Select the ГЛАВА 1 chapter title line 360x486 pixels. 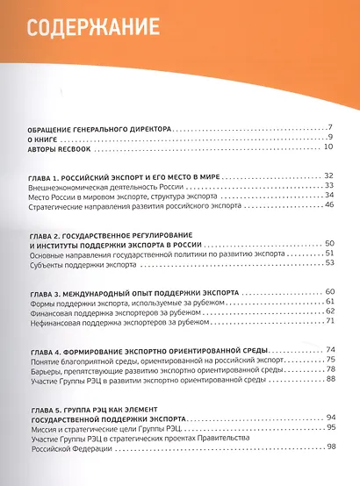(122, 176)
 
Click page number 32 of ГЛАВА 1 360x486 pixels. (329, 176)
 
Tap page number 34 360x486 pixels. (329, 196)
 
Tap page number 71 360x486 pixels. (329, 321)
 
